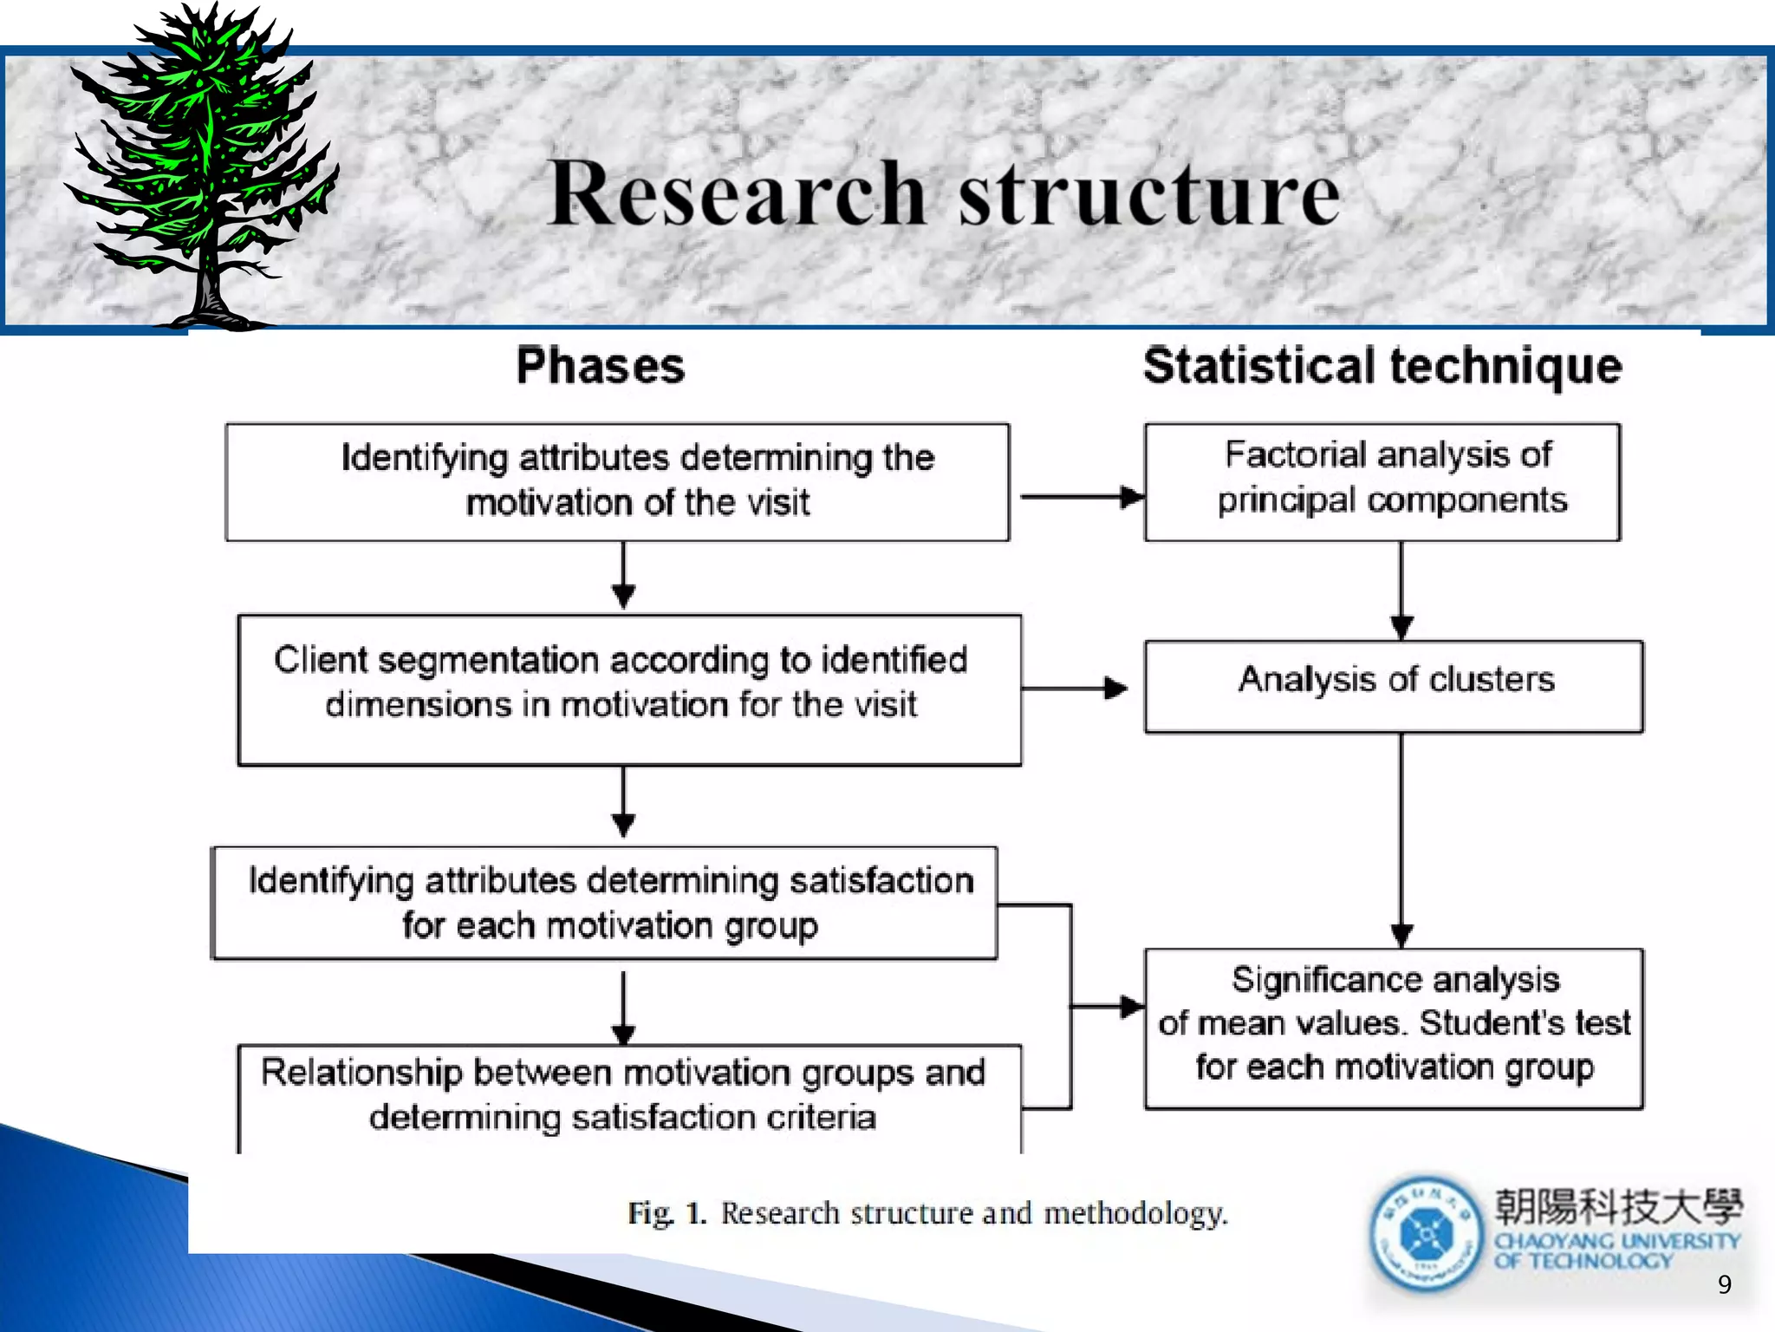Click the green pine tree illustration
coord(204,165)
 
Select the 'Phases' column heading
coord(601,365)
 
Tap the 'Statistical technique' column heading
coord(1382,365)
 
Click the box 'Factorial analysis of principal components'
coord(1382,481)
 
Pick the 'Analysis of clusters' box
coord(1394,686)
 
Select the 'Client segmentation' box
coord(629,689)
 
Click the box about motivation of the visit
coord(617,481)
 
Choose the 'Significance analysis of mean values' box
coord(1394,1028)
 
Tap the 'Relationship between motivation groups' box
coord(629,1096)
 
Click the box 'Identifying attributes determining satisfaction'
coord(605,903)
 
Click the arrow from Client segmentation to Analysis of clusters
coord(1075,689)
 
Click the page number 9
coord(1724,1284)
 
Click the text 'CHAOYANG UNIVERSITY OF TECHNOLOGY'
coord(1616,1250)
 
